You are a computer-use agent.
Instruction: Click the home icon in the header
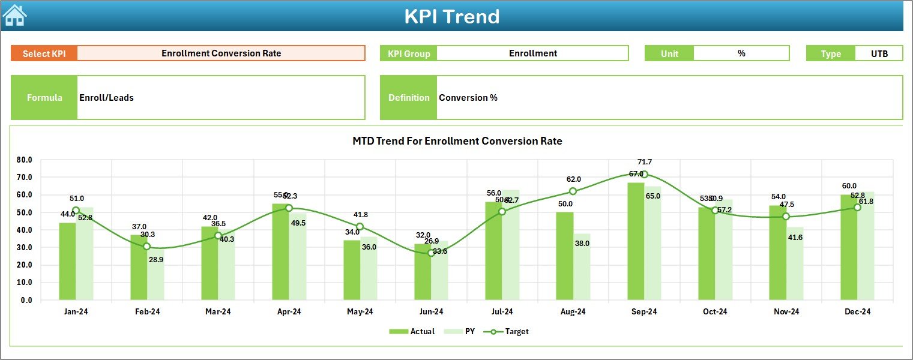click(x=14, y=16)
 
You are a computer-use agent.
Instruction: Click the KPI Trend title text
click(x=451, y=16)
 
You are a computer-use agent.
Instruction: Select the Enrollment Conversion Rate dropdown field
click(x=221, y=53)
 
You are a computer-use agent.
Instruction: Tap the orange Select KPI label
click(x=44, y=53)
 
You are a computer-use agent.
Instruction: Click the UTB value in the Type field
click(x=879, y=53)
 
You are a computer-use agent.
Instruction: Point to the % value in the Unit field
click(x=741, y=53)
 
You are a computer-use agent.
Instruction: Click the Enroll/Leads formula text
click(x=106, y=98)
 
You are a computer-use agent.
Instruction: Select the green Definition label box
click(x=408, y=98)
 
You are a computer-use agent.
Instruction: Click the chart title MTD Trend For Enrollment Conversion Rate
click(x=457, y=141)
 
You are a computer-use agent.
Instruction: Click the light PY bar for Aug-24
click(x=582, y=267)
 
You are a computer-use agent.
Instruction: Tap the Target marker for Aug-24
click(x=573, y=191)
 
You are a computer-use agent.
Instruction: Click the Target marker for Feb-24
click(x=146, y=247)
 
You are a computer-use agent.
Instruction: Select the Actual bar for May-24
click(x=352, y=270)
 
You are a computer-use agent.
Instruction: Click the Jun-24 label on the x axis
click(x=431, y=312)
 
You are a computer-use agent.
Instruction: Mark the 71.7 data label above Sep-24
click(x=645, y=162)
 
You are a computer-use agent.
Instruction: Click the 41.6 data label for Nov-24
click(x=795, y=238)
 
